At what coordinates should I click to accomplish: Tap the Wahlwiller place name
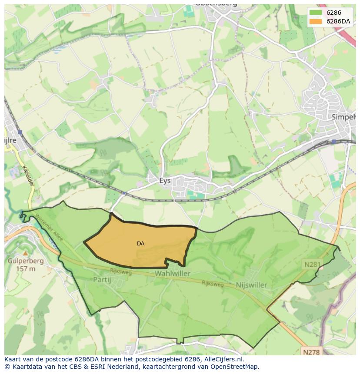pos(172,274)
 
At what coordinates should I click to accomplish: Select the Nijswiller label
pos(251,285)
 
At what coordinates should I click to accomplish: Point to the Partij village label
pos(102,279)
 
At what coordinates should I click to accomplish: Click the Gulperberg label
pos(25,261)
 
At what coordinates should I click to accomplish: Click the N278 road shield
pos(312,351)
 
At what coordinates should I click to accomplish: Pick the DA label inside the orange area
pos(140,244)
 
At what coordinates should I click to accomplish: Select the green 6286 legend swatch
pos(316,13)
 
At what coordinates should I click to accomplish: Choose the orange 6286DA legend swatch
pos(316,21)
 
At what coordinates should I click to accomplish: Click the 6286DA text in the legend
pos(338,21)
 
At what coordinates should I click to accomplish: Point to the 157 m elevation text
pos(25,269)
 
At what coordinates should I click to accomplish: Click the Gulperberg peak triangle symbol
pos(25,253)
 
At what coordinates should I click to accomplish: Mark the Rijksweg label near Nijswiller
pos(213,284)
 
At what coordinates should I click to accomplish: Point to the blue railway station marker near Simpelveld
pos(333,142)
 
